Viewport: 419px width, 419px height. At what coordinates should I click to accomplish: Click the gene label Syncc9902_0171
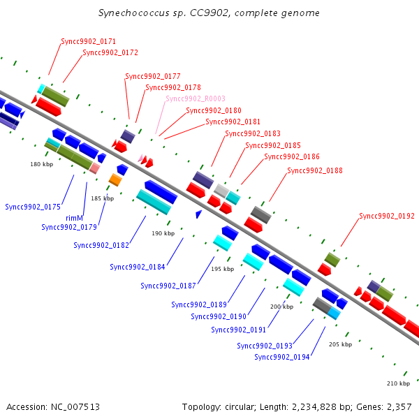[88, 42]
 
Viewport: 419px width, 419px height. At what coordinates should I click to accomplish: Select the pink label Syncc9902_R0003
[196, 99]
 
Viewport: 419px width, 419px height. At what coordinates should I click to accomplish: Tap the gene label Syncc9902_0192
[387, 216]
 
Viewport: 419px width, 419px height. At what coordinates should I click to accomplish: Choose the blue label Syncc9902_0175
[33, 207]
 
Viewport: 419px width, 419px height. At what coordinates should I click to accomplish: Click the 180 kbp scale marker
[42, 165]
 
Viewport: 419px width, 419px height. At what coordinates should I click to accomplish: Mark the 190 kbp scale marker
[163, 233]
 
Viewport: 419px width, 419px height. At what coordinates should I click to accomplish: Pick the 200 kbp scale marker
[281, 307]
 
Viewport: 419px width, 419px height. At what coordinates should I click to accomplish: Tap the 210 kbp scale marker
[398, 383]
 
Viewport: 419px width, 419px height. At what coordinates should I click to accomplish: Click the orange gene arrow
[115, 180]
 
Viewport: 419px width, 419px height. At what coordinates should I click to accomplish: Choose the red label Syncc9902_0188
[315, 170]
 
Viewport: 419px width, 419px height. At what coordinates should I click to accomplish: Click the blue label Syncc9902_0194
[282, 358]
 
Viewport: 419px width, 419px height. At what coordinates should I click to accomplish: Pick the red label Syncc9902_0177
[153, 76]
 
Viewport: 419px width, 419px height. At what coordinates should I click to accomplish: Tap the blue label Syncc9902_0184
[138, 267]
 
